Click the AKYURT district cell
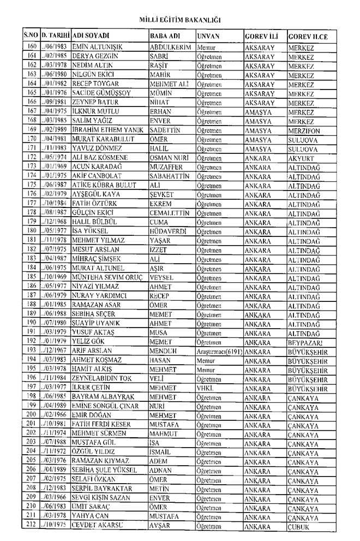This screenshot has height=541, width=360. [302, 157]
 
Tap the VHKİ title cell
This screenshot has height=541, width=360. [205, 388]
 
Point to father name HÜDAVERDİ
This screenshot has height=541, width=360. [168, 231]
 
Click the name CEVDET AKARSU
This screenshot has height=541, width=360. [99, 526]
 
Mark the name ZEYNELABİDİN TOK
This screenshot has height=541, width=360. [104, 378]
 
